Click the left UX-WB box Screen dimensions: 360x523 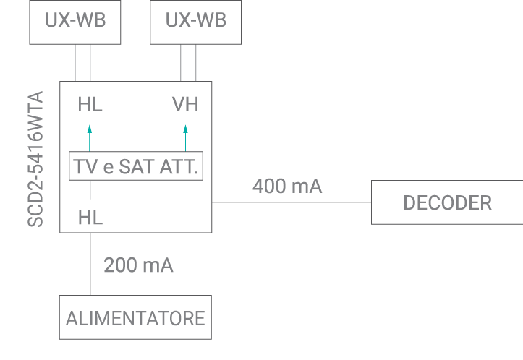point(75,20)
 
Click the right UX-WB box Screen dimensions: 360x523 point(195,20)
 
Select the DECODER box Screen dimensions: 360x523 point(447,203)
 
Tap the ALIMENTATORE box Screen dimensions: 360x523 point(135,317)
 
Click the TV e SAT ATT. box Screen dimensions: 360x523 point(136,167)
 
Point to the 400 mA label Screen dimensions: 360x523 point(287,187)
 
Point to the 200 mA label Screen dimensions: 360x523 point(138,265)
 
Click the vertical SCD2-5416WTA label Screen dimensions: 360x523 point(36,159)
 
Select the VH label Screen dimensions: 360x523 point(185,105)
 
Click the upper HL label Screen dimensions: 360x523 point(90,105)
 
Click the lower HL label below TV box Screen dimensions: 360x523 point(90,217)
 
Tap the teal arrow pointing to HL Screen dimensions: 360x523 point(90,137)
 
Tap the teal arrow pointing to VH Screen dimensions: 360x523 point(185,137)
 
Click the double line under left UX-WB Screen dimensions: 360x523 point(82,63)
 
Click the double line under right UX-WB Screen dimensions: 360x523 point(189,63)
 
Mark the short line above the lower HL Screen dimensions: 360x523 point(90,190)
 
